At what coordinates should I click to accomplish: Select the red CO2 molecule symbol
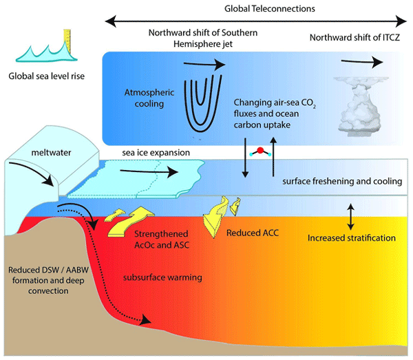point(260,151)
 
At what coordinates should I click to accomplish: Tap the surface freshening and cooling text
point(342,182)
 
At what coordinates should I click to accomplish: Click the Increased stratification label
point(351,238)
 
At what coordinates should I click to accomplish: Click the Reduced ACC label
point(251,233)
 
